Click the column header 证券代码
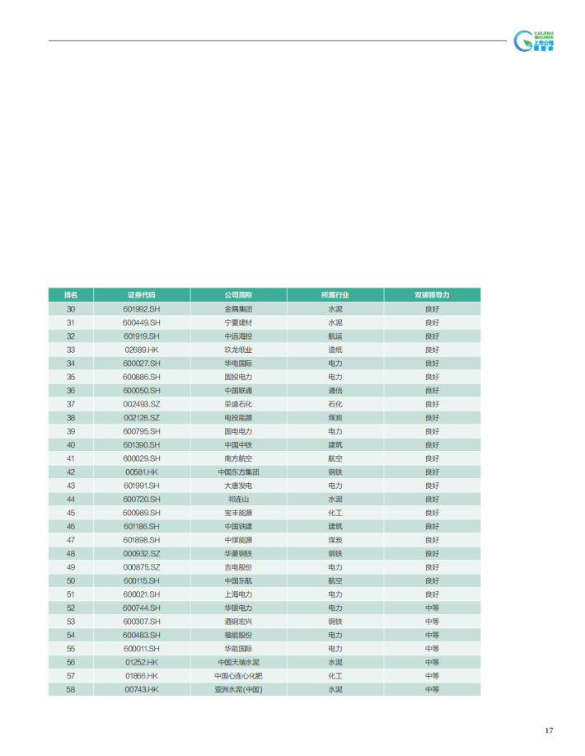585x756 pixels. pyautogui.click(x=141, y=294)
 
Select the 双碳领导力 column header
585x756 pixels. pyautogui.click(x=432, y=294)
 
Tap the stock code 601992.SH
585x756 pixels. pyautogui.click(x=141, y=308)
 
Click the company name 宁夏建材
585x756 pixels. pyautogui.click(x=238, y=322)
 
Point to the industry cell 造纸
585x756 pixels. pyautogui.click(x=335, y=350)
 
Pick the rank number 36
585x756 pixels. pyautogui.click(x=71, y=390)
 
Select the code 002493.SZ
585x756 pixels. pyautogui.click(x=141, y=404)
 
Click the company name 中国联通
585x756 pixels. pyautogui.click(x=238, y=390)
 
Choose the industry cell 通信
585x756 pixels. pyautogui.click(x=335, y=390)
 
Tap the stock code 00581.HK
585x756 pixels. pyautogui.click(x=141, y=472)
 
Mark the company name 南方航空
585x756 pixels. pyautogui.click(x=238, y=458)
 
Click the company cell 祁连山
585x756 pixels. pyautogui.click(x=238, y=499)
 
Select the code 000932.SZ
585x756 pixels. pyautogui.click(x=141, y=553)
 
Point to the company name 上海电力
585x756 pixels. pyautogui.click(x=238, y=594)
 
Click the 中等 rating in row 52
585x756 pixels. pyautogui.click(x=432, y=608)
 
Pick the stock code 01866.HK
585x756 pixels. pyautogui.click(x=141, y=676)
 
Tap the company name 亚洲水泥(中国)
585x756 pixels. pyautogui.click(x=238, y=689)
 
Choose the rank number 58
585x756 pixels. pyautogui.click(x=71, y=689)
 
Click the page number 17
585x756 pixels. pyautogui.click(x=549, y=731)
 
